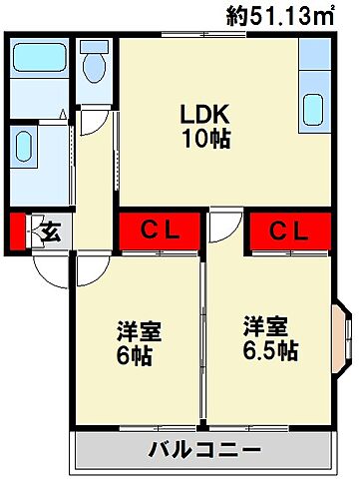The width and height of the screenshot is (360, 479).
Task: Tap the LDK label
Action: pos(206,114)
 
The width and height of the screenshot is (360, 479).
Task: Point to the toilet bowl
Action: pos(95,69)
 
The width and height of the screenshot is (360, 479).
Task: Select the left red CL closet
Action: pos(160,232)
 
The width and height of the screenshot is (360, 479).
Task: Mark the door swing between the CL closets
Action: pos(224,227)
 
